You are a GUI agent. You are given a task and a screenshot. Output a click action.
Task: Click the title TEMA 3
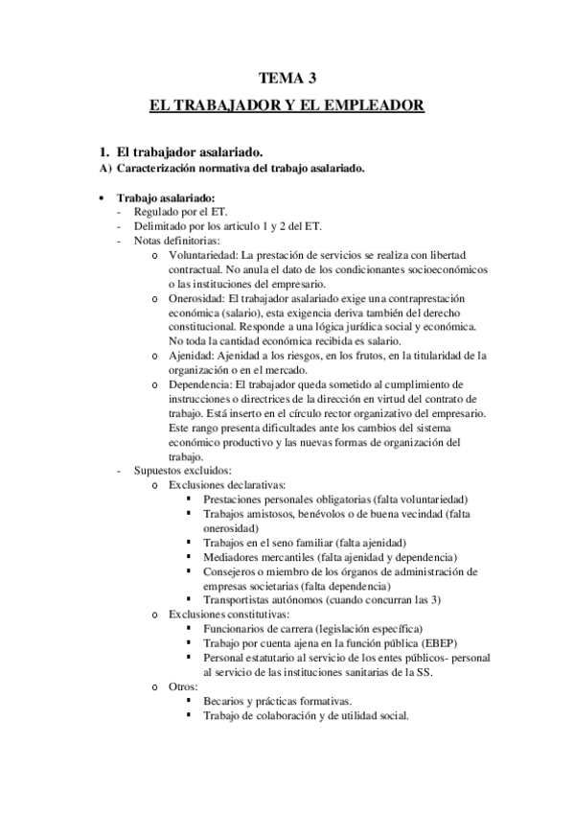[287, 80]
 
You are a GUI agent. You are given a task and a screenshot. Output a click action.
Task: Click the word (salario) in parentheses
[256, 314]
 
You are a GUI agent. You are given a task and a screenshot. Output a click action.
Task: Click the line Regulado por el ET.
[180, 213]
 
